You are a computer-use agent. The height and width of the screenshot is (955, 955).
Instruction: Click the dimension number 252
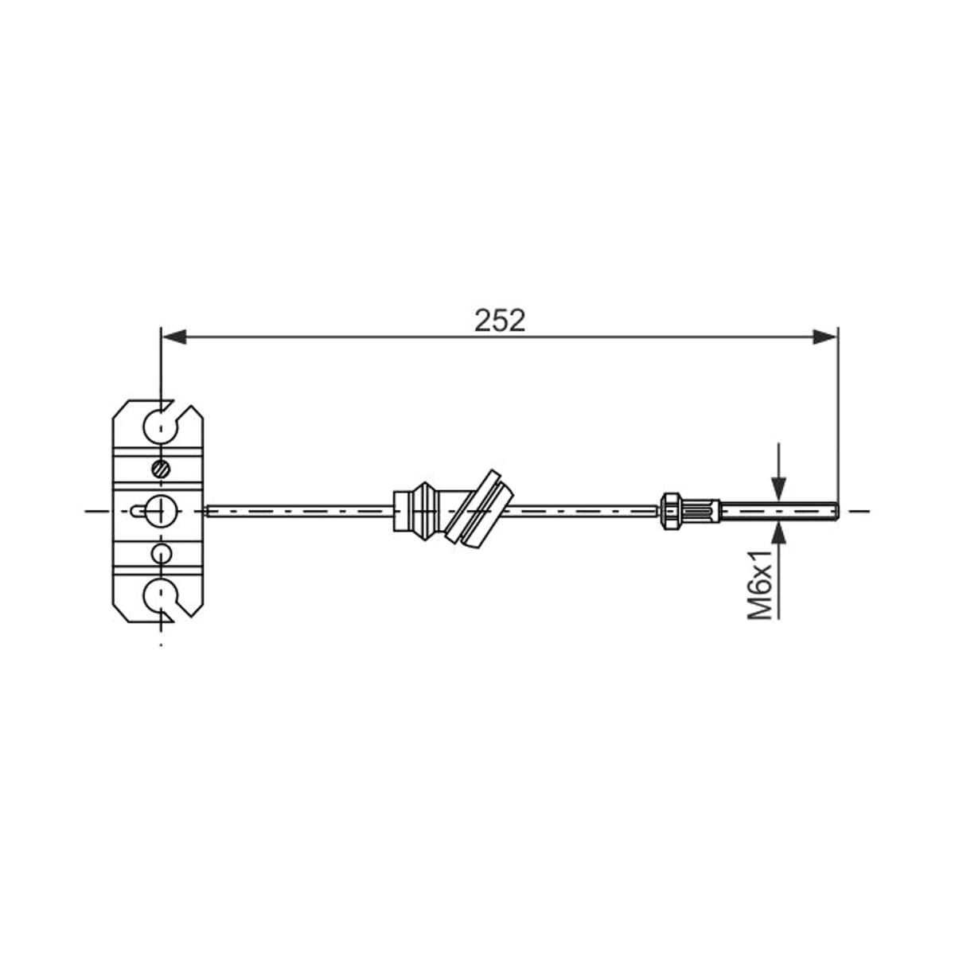(500, 321)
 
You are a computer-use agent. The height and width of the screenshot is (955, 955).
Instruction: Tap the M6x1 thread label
(759, 584)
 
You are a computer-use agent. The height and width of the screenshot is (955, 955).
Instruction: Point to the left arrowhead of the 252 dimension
(174, 337)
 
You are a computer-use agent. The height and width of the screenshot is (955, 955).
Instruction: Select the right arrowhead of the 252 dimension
(824, 337)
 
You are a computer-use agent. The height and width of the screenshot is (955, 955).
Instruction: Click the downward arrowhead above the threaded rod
(780, 489)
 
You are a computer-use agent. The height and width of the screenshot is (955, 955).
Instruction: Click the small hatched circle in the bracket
(161, 468)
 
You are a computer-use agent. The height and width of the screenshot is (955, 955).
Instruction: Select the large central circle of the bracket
(161, 510)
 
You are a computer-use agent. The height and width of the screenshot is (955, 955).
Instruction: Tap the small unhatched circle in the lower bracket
(161, 553)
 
